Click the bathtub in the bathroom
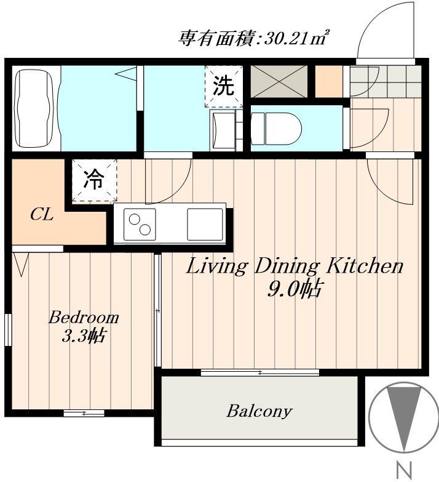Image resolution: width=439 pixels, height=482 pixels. click(x=36, y=108)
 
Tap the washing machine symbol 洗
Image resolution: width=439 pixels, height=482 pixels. click(x=223, y=86)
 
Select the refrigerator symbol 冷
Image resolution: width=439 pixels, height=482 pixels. click(x=93, y=180)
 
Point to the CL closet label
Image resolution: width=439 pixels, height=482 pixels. click(x=42, y=215)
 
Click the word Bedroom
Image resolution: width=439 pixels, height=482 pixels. click(x=83, y=318)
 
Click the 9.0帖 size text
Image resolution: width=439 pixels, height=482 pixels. click(x=293, y=289)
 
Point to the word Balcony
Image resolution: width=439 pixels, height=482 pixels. click(x=259, y=411)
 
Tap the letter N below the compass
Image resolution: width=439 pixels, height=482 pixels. click(x=404, y=471)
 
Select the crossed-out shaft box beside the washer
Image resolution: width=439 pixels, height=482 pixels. click(x=279, y=81)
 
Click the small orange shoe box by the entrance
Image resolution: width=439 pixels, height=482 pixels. click(x=329, y=81)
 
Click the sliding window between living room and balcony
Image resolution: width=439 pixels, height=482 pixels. click(x=260, y=372)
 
